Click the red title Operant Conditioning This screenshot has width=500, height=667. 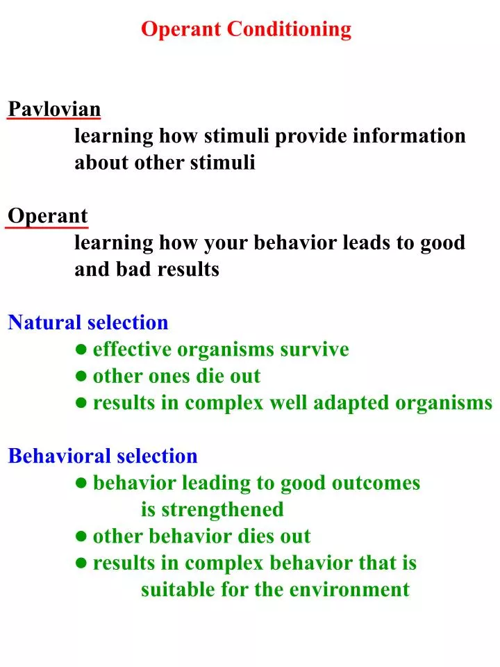click(246, 29)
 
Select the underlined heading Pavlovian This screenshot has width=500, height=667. click(54, 109)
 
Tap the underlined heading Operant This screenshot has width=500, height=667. click(48, 216)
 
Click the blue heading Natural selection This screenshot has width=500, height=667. click(88, 322)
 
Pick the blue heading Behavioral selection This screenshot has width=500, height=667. click(103, 456)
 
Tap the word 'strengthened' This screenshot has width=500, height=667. click(222, 510)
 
